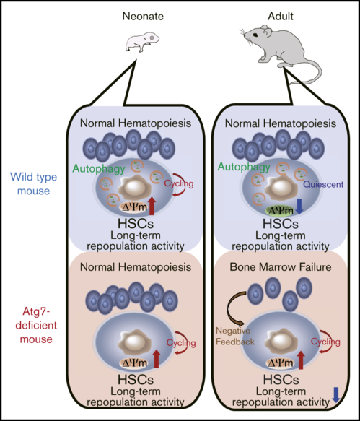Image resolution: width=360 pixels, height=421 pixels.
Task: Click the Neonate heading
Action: click(x=143, y=17)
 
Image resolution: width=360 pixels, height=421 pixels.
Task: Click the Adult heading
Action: click(x=281, y=17)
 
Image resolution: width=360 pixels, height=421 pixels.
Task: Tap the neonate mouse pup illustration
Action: click(x=142, y=42)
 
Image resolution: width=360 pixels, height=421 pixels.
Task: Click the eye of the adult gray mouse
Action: click(x=255, y=35)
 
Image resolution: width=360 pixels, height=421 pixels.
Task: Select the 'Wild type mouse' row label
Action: click(x=33, y=184)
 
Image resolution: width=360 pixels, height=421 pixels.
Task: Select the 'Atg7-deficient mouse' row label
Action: click(x=36, y=325)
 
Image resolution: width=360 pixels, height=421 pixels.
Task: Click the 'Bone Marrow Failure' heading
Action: click(x=281, y=267)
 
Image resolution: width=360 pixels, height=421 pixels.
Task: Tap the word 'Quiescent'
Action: click(x=323, y=184)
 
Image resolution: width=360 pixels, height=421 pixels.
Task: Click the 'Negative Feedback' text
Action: click(x=235, y=336)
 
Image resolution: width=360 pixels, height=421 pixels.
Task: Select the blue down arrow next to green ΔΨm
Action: click(x=299, y=207)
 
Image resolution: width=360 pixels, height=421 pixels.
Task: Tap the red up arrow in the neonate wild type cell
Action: click(x=152, y=206)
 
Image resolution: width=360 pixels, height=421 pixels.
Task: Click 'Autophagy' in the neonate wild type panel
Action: click(x=99, y=169)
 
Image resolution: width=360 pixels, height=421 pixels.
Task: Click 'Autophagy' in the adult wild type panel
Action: click(x=244, y=167)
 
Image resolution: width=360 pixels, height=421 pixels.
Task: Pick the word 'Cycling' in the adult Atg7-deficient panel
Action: click(x=325, y=342)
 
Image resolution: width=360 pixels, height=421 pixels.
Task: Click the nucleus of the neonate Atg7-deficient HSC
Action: click(x=133, y=342)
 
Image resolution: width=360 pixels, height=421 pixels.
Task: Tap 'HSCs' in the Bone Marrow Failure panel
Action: click(x=281, y=380)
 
